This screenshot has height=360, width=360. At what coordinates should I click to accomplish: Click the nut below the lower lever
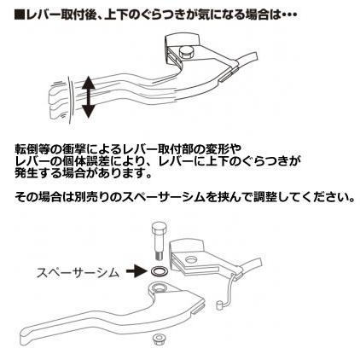tap(159, 341)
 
